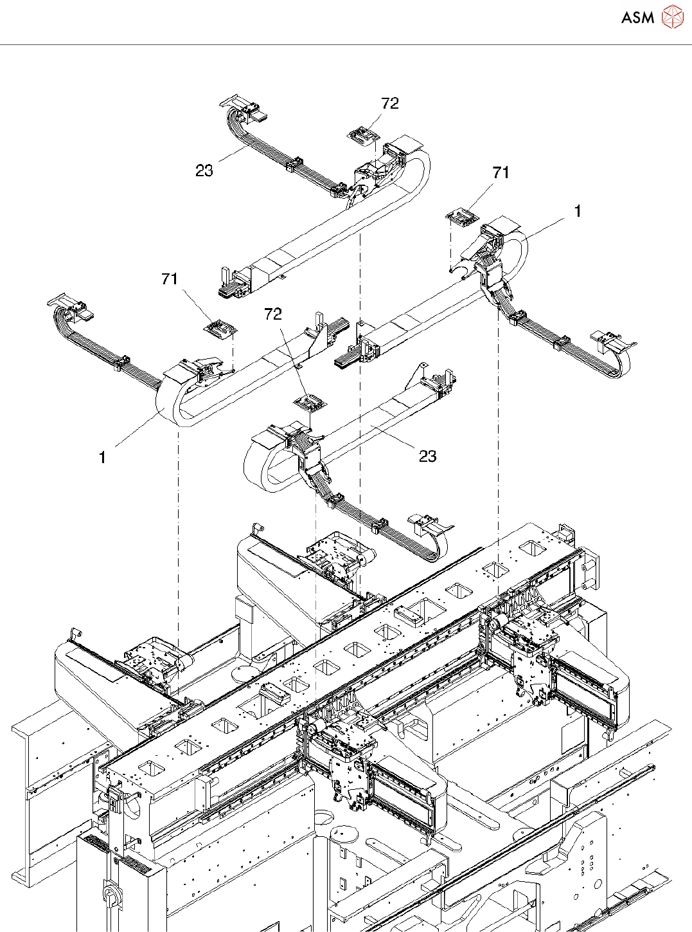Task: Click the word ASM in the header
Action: click(x=638, y=17)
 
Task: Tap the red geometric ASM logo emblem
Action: click(x=673, y=17)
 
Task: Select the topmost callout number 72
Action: click(x=390, y=104)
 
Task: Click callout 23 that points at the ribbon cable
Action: click(x=204, y=170)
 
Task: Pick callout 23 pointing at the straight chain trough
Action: click(x=427, y=456)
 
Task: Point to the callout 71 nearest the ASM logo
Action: click(x=501, y=172)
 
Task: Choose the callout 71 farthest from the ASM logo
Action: click(x=170, y=279)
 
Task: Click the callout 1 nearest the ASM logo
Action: click(x=578, y=211)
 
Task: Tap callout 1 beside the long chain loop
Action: click(x=103, y=457)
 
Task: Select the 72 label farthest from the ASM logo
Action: click(x=273, y=313)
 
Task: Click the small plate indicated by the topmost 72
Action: click(x=363, y=135)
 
